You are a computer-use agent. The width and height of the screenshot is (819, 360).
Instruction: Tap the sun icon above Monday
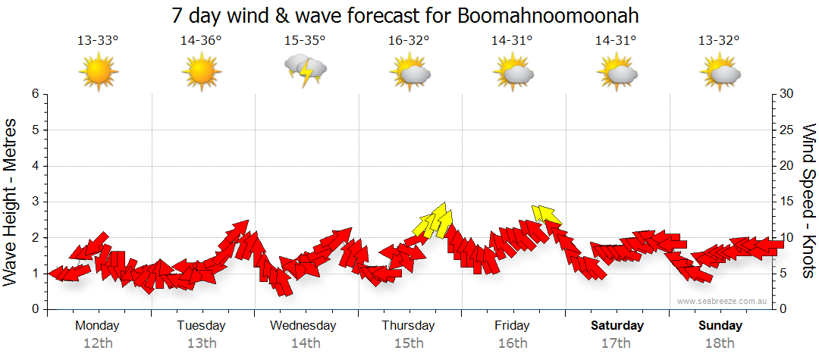(x=98, y=71)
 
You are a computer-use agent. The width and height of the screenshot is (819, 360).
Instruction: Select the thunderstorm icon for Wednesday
(x=305, y=70)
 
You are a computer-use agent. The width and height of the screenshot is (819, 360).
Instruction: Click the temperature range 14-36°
(x=201, y=41)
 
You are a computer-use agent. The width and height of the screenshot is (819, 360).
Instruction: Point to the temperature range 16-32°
(x=408, y=41)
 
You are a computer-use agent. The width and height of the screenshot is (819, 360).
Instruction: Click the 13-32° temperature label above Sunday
(x=719, y=41)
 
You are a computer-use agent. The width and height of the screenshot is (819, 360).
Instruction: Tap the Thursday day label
(x=408, y=326)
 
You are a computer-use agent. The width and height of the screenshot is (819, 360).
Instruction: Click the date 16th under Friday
(x=512, y=343)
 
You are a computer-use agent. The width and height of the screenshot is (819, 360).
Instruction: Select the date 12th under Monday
(x=98, y=343)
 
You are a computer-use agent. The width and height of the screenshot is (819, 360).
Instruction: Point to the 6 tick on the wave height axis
(x=35, y=94)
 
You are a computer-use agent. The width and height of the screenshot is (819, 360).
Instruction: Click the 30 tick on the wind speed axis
(x=787, y=94)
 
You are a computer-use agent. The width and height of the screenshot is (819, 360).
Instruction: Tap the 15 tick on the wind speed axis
(x=787, y=202)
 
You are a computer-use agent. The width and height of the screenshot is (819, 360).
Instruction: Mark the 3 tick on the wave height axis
(x=35, y=202)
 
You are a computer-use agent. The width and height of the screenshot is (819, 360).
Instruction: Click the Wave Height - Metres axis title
(x=12, y=202)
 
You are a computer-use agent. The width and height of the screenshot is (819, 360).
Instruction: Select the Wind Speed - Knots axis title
(x=808, y=202)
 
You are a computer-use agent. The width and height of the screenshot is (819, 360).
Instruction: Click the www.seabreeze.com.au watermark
(x=723, y=301)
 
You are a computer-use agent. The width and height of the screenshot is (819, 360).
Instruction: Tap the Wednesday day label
(x=304, y=326)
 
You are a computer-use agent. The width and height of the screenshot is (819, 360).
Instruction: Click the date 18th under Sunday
(x=720, y=343)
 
